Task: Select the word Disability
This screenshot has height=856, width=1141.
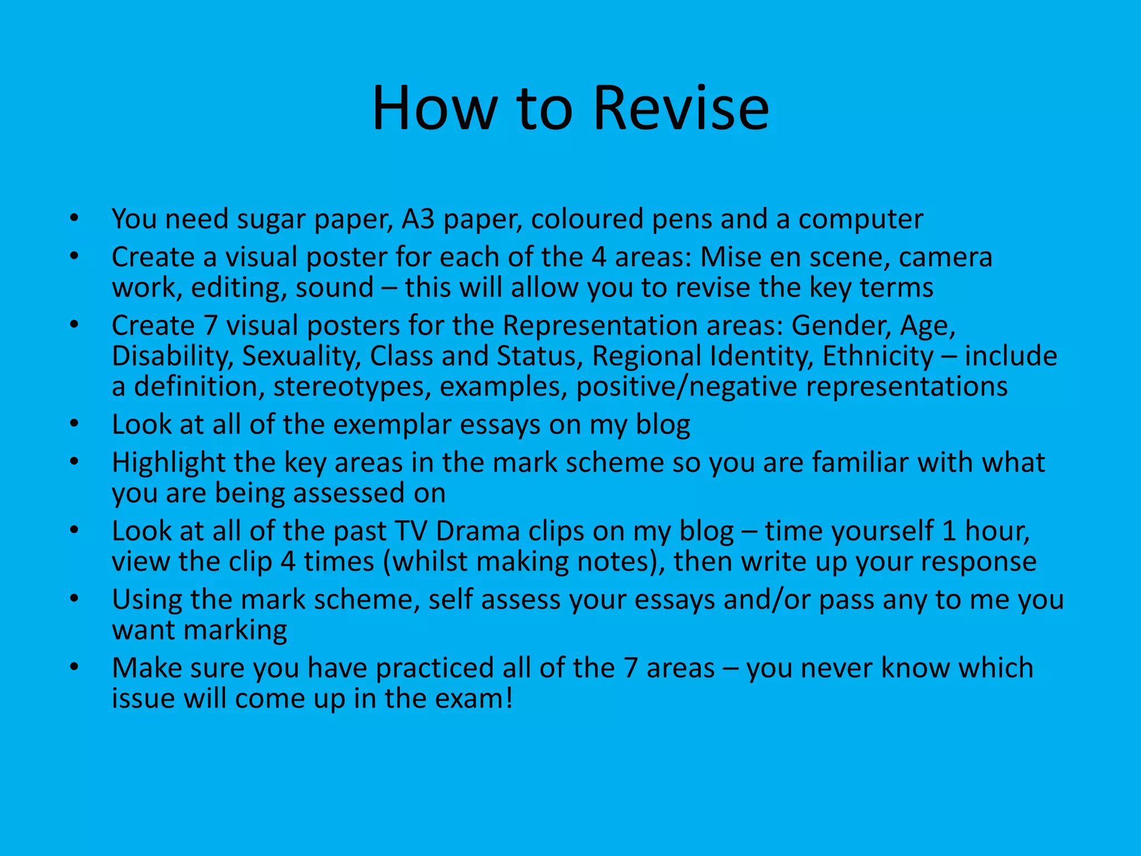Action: click(172, 356)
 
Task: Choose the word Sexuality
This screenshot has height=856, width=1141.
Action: click(301, 356)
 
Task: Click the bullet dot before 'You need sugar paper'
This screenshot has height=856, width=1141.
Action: click(75, 218)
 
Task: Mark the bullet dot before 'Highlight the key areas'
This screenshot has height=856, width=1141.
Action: click(75, 462)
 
